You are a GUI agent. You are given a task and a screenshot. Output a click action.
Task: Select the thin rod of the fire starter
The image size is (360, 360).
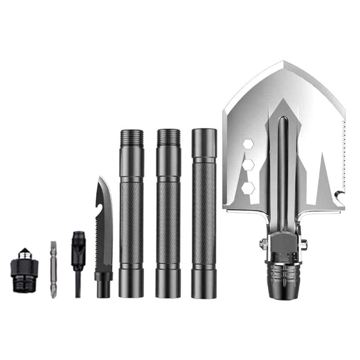coord(78,283)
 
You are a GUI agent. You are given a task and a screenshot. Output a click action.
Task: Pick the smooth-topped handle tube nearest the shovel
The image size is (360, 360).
coord(204,211)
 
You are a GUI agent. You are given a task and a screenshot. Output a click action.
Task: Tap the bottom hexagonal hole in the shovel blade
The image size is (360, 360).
coord(248,188)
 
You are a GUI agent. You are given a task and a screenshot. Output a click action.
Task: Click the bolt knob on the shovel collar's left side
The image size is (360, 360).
coord(263,244)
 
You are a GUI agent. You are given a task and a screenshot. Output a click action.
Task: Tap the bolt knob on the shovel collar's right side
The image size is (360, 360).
coord(304,244)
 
